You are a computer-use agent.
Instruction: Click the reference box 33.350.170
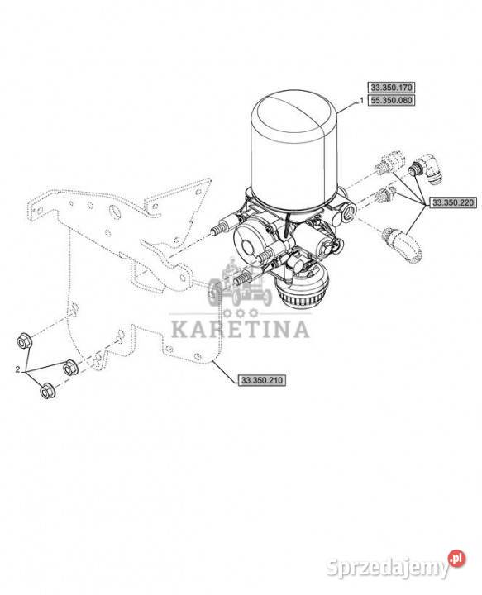click(x=390, y=88)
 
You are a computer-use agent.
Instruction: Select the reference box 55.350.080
click(x=390, y=101)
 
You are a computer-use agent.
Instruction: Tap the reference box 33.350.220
click(x=453, y=202)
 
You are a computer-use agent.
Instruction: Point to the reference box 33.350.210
click(x=262, y=380)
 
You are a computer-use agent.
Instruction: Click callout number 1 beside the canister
click(x=361, y=101)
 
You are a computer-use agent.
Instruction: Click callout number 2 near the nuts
click(x=17, y=369)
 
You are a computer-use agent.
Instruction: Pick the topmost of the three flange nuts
click(x=25, y=340)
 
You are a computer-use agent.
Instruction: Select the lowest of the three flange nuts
click(x=47, y=391)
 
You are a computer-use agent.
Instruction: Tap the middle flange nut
click(x=70, y=367)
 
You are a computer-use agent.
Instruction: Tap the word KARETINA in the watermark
click(x=240, y=330)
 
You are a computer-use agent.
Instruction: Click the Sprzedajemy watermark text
click(x=388, y=568)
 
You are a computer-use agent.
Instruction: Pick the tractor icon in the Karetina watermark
click(x=239, y=283)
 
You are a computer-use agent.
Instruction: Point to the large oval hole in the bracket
click(x=115, y=212)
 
